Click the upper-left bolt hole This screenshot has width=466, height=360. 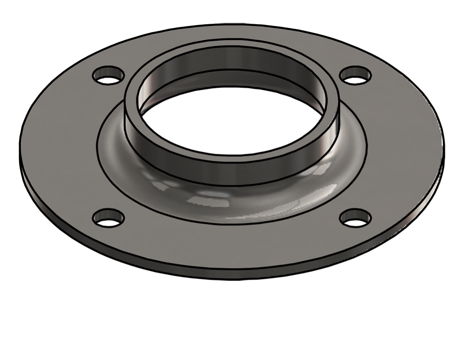pos(108,75)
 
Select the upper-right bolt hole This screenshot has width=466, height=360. pos(356,75)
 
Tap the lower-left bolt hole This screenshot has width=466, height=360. pos(108,218)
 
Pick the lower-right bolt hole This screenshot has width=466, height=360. pos(356,218)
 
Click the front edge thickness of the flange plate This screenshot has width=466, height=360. pos(231,275)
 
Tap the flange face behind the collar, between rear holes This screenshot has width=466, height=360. pos(231,34)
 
